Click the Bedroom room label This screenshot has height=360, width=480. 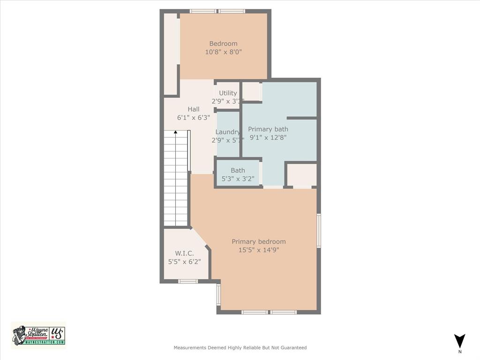click(x=223, y=44)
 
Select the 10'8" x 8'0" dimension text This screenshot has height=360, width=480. click(x=223, y=52)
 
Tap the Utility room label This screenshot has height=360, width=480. click(x=228, y=93)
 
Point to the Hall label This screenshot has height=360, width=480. click(x=194, y=109)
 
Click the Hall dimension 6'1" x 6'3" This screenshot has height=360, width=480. click(x=194, y=118)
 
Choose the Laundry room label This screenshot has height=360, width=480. click(x=228, y=132)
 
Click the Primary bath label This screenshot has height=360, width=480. click(x=268, y=129)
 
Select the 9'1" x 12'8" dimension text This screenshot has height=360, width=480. click(x=268, y=137)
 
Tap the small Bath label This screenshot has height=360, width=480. click(x=238, y=170)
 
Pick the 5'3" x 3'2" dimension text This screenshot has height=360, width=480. click(x=238, y=179)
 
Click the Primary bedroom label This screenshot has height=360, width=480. click(x=258, y=241)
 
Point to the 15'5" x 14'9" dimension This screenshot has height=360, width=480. click(x=258, y=250)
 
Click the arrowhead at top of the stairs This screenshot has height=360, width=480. click(x=176, y=133)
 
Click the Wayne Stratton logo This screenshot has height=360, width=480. click(x=39, y=335)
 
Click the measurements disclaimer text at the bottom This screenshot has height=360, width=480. click(x=240, y=348)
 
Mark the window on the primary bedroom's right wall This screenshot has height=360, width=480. click(x=319, y=231)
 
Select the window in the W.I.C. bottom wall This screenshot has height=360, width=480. click(x=188, y=281)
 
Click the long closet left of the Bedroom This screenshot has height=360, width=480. click(x=171, y=54)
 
